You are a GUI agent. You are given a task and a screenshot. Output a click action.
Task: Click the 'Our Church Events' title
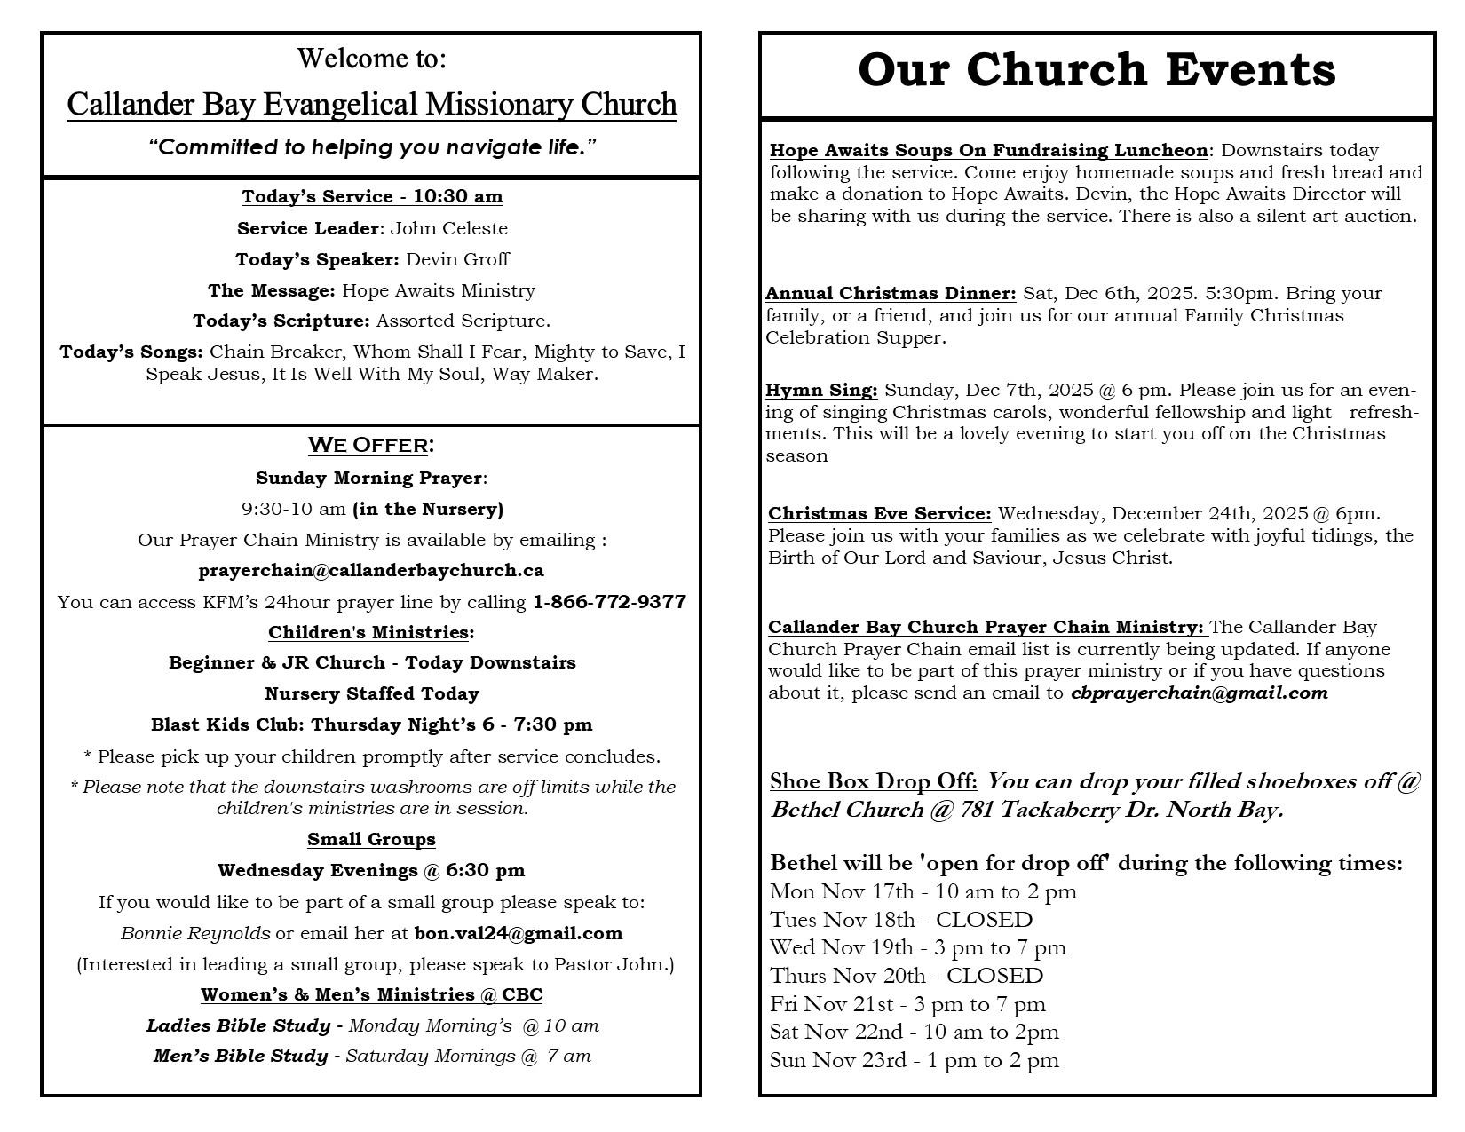point(1097,70)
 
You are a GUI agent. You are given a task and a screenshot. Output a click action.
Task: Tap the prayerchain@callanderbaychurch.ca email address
point(371,570)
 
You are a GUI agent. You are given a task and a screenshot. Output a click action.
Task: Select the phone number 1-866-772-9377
point(609,602)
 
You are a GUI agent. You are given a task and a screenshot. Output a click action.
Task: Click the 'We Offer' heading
point(371,444)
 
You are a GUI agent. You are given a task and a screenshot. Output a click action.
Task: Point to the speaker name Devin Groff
point(457,259)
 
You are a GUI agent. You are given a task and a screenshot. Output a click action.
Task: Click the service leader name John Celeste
point(449,228)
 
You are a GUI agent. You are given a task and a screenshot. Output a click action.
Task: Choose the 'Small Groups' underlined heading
point(371,839)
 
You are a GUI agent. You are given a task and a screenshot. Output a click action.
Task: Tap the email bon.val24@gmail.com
point(519,933)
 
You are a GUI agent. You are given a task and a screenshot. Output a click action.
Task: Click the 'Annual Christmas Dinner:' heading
point(891,293)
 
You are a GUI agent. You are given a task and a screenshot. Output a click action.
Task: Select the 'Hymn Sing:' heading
point(821,390)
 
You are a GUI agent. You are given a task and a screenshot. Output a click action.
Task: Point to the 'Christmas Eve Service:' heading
point(879,513)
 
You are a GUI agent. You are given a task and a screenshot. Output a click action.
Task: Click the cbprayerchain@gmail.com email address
point(1199,693)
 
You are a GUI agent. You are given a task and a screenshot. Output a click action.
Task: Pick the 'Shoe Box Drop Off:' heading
point(873,781)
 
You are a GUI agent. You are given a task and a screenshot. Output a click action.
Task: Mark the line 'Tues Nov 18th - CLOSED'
point(901,920)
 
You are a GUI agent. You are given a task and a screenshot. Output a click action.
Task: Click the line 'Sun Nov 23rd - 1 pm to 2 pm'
point(914,1060)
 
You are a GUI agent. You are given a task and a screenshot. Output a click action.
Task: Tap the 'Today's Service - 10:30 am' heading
point(372,196)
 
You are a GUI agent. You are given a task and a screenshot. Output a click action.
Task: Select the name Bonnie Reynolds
point(195,933)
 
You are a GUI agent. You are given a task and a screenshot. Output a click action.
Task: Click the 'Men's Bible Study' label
point(240,1056)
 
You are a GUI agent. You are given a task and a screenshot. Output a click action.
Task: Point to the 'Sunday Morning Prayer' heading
point(368,478)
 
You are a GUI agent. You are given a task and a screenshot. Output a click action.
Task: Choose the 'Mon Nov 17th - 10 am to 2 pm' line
point(923,891)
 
